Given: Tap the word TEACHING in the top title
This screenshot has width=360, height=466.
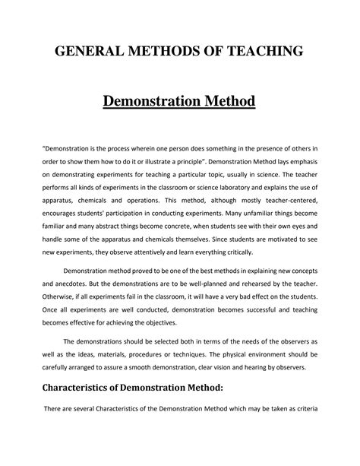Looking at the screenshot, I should tap(264, 52).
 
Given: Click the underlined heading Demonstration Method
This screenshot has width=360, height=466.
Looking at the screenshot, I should tap(180, 101).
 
